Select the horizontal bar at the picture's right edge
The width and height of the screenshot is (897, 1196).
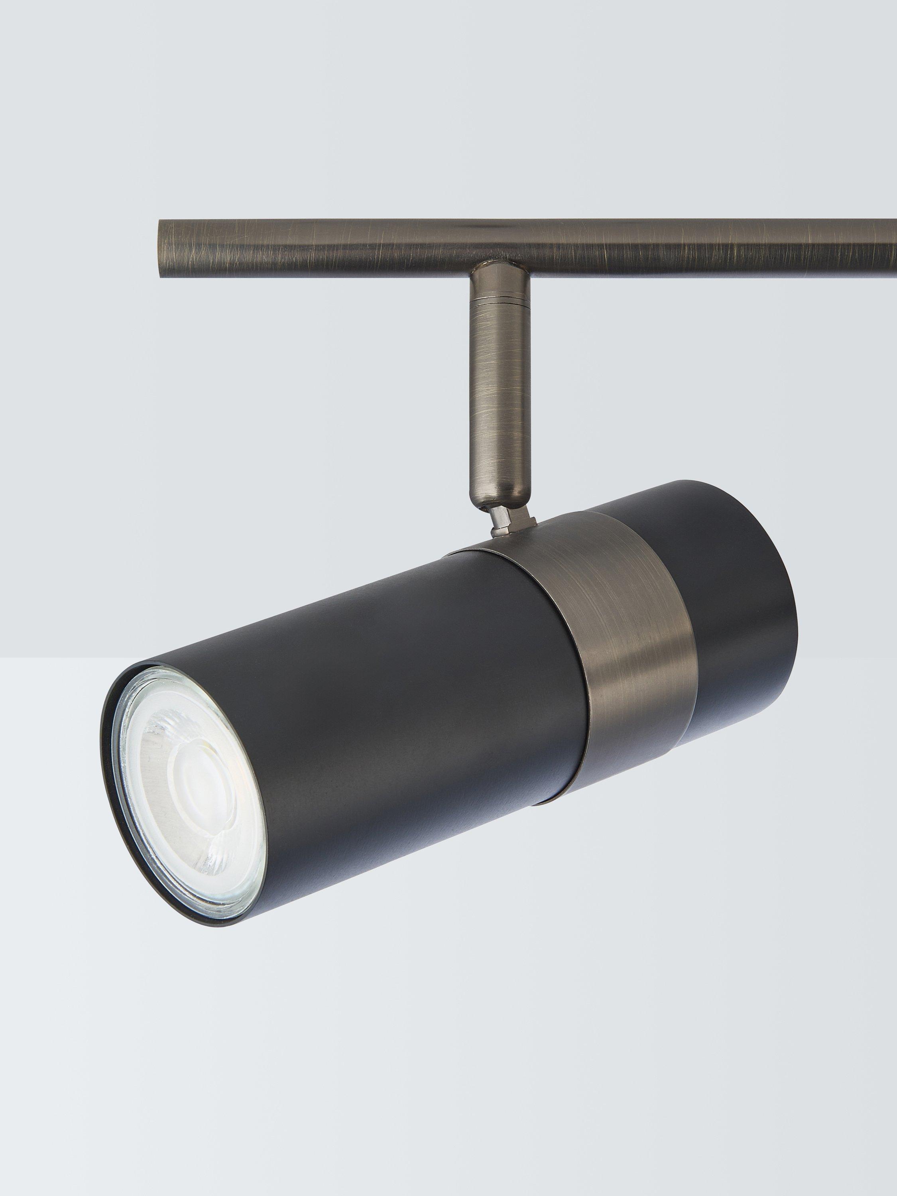click(x=887, y=246)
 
